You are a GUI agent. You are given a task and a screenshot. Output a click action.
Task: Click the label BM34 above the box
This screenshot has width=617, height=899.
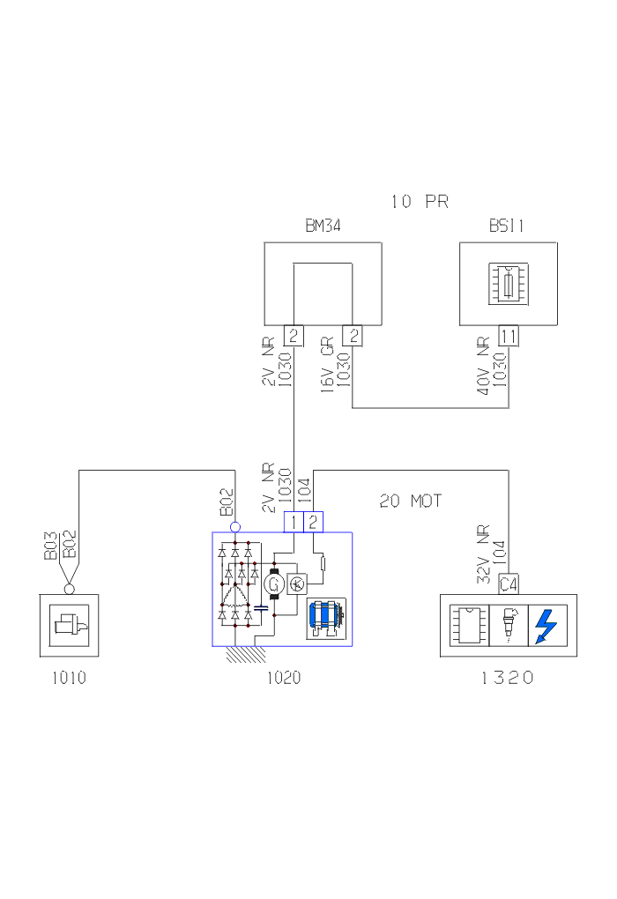click(x=323, y=227)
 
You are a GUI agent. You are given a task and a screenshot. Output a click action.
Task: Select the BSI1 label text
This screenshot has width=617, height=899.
click(x=507, y=227)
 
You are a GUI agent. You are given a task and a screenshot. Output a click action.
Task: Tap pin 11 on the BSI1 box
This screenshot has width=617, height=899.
click(x=509, y=336)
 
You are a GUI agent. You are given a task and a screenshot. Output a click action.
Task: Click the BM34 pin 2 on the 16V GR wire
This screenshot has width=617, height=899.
click(x=353, y=336)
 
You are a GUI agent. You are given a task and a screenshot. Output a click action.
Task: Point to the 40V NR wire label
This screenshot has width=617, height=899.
click(x=483, y=366)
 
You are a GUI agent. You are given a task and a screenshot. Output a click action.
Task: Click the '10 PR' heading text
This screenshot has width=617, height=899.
click(x=420, y=202)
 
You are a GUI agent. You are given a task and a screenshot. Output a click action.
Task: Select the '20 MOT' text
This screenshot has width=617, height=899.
click(x=410, y=502)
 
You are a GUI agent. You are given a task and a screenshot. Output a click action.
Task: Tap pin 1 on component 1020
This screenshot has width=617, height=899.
click(x=294, y=523)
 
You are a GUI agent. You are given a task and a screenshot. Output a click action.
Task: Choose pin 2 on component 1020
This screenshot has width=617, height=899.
click(x=313, y=523)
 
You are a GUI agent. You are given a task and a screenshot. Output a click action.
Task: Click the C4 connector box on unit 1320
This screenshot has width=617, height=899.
click(x=508, y=583)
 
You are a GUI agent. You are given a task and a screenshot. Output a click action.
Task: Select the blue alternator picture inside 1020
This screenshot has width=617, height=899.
click(x=326, y=617)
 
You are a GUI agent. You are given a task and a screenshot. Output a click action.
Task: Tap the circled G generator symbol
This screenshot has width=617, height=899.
click(x=273, y=583)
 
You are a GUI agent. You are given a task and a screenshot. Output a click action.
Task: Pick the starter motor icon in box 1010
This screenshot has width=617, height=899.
click(x=68, y=626)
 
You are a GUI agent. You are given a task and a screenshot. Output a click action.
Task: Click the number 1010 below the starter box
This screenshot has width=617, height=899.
click(x=69, y=679)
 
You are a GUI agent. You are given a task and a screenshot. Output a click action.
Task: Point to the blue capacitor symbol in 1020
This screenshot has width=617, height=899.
click(x=261, y=607)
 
